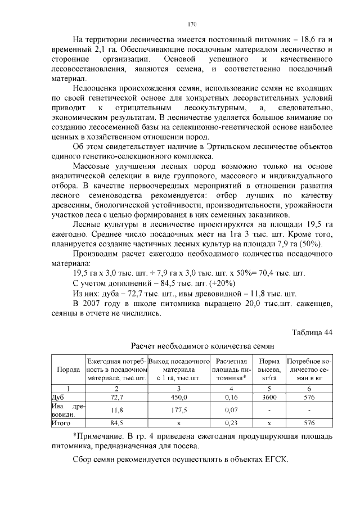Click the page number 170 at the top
tap(191, 24)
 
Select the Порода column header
tap(69, 371)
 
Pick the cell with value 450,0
tap(178, 397)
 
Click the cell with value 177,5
tap(178, 410)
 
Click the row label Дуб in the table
tap(58, 397)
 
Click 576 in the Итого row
tap(309, 421)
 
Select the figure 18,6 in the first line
tap(301, 40)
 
